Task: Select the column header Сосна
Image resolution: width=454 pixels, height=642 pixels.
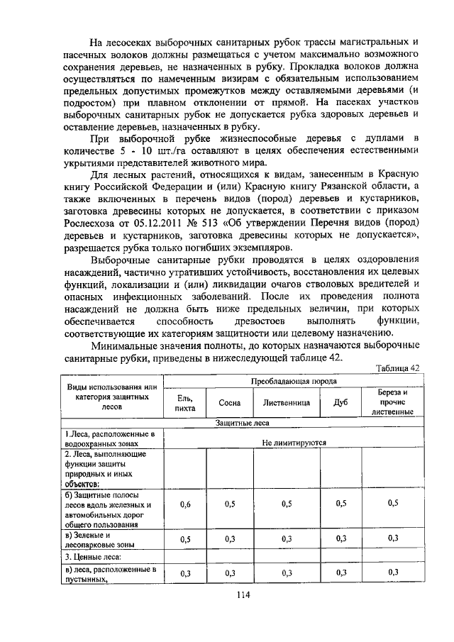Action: tap(230, 402)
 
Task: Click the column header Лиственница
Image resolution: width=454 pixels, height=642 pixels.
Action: tap(286, 402)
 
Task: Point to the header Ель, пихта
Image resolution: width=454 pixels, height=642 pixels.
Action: tap(185, 402)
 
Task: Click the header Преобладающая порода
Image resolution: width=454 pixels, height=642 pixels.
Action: tap(294, 380)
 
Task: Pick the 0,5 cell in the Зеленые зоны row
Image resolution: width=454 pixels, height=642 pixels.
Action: tap(185, 540)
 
